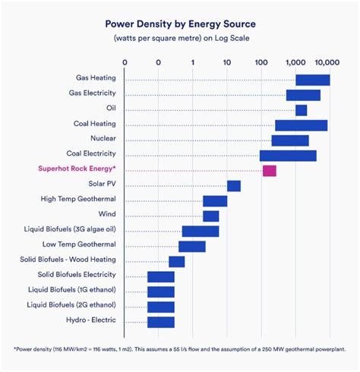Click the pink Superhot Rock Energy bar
coord(270,171)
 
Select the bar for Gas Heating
coord(313,80)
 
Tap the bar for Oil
coord(302,110)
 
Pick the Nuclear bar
coord(290,140)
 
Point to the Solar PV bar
coord(234,186)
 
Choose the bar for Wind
coord(211,216)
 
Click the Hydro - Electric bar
coord(161,323)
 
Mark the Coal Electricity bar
coord(288,156)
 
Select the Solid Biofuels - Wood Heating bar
coord(177,262)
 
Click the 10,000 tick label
coord(327,62)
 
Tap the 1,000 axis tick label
coord(295,62)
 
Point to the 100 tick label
coord(261,62)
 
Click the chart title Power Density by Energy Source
coord(180,24)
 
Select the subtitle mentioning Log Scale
coord(182,38)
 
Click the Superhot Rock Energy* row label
coord(77,169)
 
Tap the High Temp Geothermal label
coord(78,199)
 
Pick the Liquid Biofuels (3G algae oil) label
coord(70,229)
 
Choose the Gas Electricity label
coord(93,93)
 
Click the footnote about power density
coord(179,349)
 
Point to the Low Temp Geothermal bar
coord(192,247)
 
